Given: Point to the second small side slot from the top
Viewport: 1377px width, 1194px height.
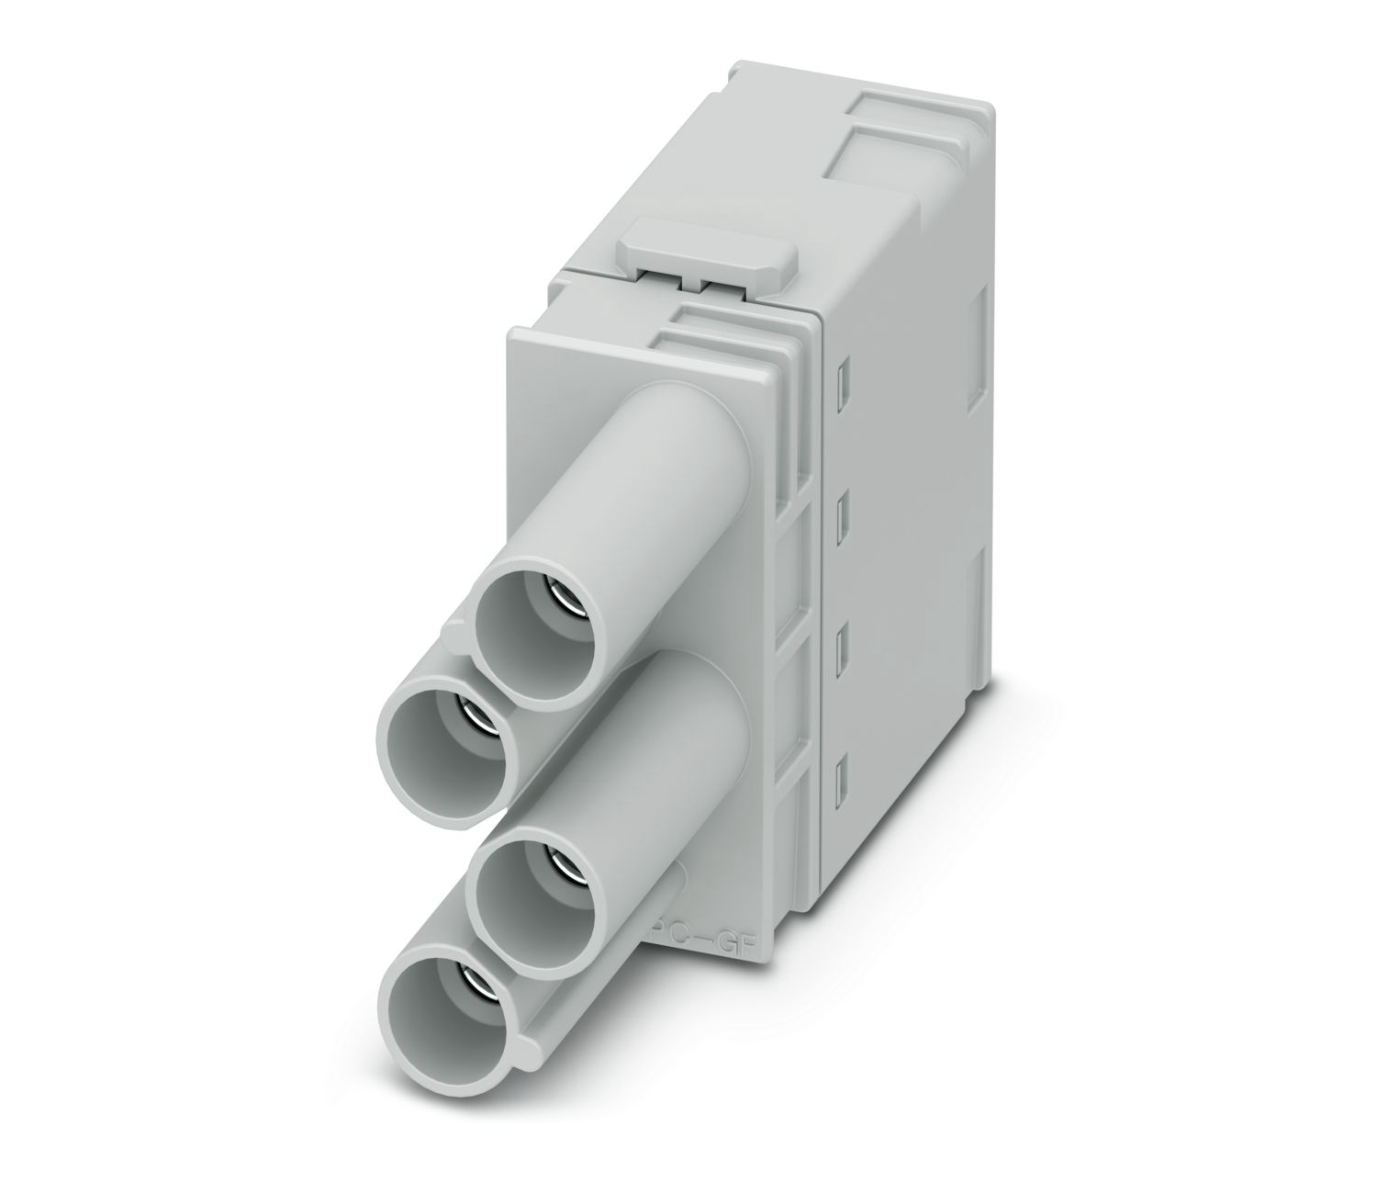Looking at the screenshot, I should pos(843,506).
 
